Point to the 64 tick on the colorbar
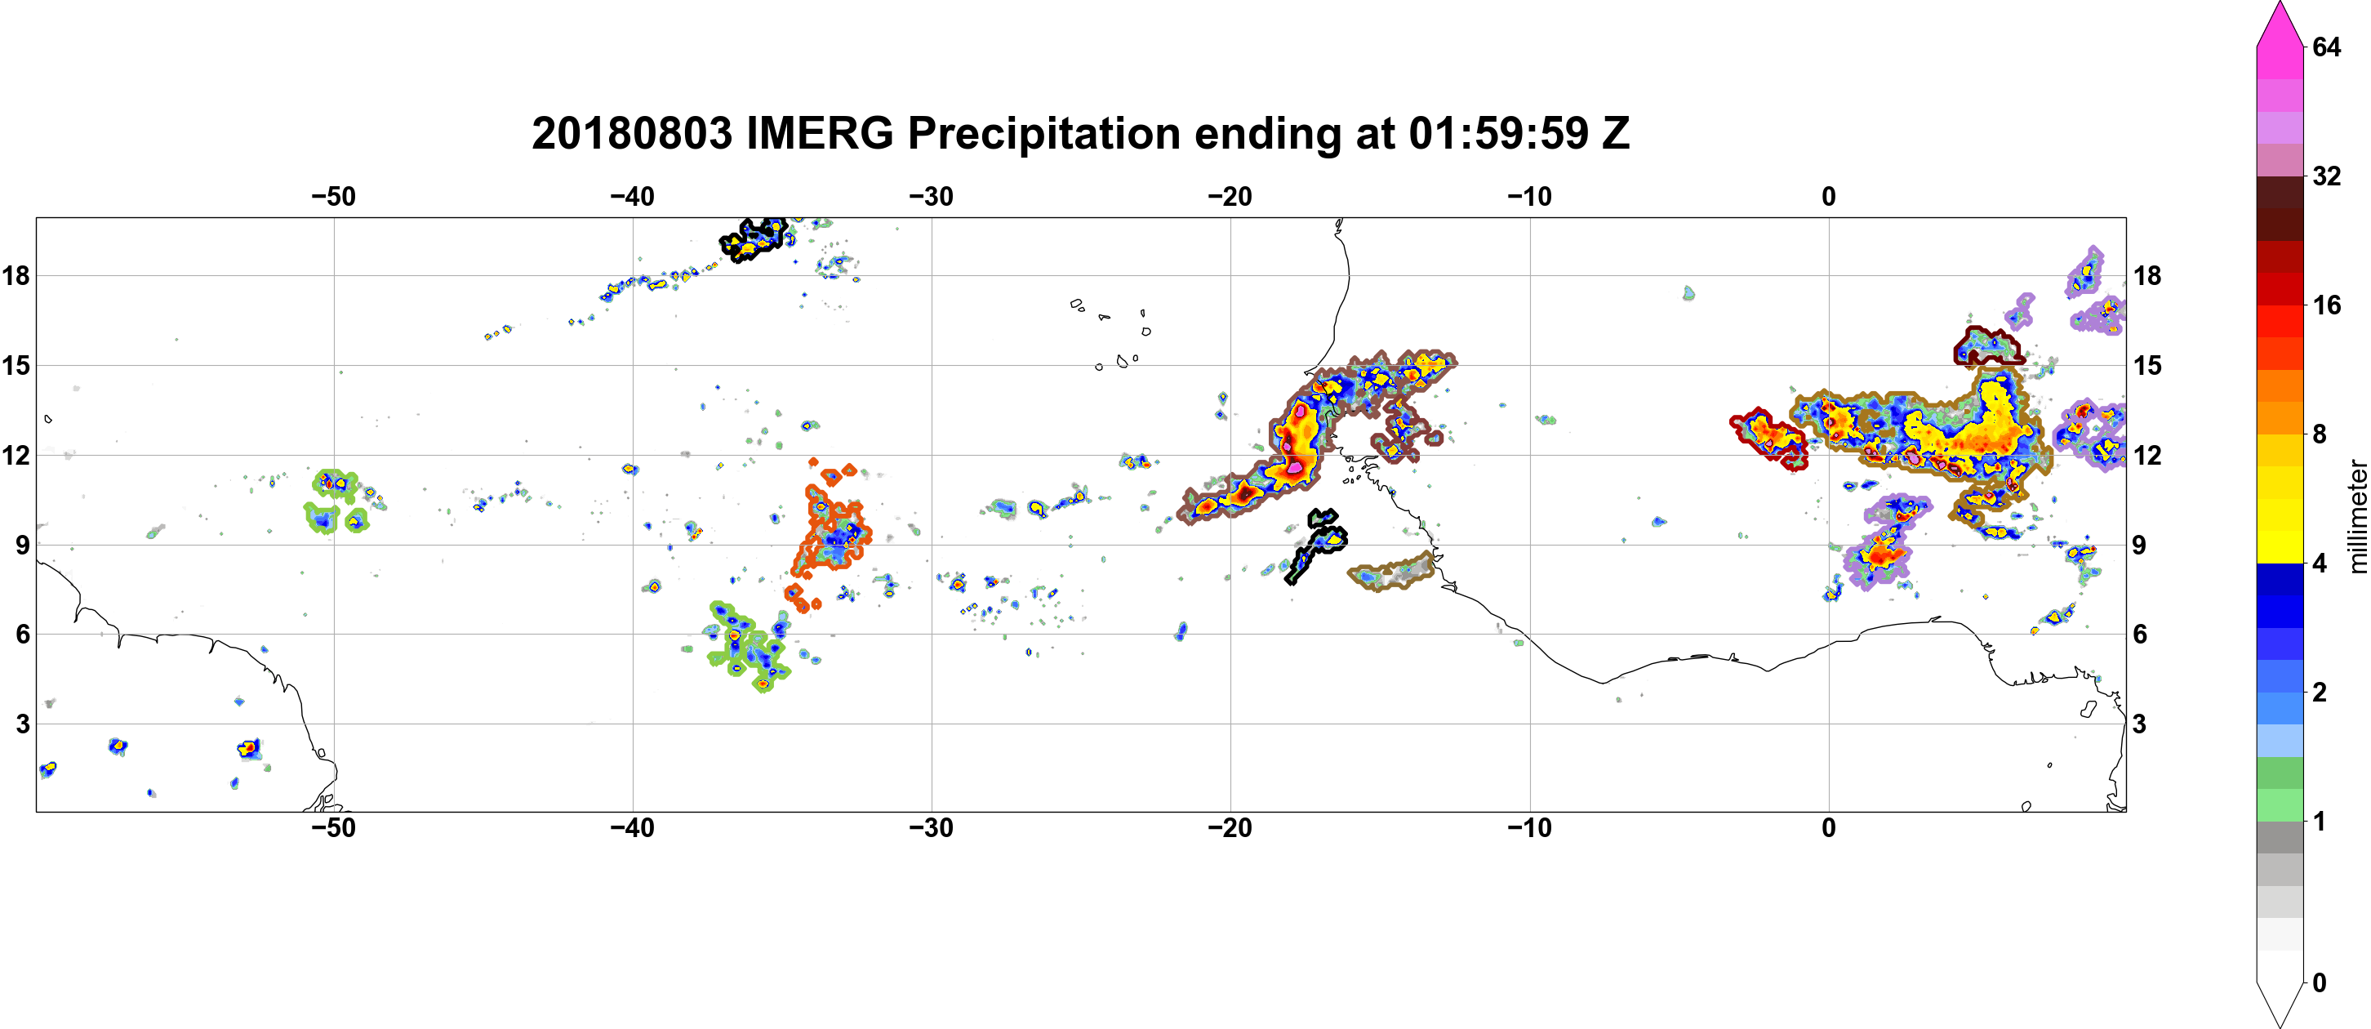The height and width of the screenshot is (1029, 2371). [2326, 47]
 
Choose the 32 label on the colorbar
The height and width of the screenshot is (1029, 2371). [2326, 176]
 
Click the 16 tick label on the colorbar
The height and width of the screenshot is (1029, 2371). [2326, 305]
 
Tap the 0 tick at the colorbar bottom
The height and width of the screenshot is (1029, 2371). [2320, 983]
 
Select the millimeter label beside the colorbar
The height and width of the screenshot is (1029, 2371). [2357, 515]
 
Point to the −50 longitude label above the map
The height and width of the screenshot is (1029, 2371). [333, 197]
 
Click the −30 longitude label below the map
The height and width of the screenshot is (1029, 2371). [932, 828]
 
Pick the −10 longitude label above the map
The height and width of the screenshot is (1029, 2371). [1530, 197]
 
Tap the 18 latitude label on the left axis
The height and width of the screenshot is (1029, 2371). [16, 275]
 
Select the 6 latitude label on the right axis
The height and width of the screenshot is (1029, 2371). [2140, 635]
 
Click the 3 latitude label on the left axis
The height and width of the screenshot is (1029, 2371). [22, 724]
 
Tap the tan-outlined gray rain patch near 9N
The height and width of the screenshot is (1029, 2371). [1392, 573]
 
